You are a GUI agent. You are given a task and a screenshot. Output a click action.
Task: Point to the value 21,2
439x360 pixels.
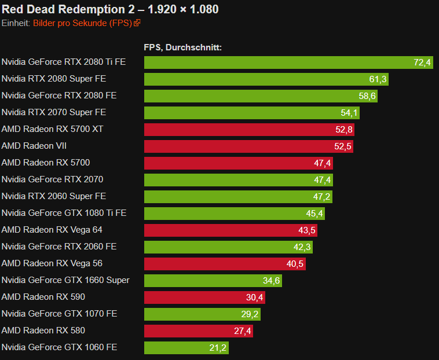coord(218,348)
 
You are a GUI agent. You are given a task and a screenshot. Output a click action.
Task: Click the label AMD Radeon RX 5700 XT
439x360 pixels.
coord(52,129)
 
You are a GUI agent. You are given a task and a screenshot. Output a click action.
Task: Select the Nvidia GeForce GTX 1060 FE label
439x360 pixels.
coord(59,347)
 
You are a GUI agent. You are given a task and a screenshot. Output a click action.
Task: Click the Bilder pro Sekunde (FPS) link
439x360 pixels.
coord(82,23)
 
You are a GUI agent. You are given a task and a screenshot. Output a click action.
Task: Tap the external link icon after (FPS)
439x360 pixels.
coord(137,23)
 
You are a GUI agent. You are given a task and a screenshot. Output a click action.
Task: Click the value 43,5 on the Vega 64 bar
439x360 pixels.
coord(306,230)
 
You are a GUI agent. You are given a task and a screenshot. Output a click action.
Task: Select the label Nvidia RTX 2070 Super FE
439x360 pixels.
coord(54,112)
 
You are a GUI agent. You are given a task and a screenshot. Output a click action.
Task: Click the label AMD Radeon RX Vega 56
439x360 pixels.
coord(52,263)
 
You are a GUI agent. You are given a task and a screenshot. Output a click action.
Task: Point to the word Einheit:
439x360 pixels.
coord(16,23)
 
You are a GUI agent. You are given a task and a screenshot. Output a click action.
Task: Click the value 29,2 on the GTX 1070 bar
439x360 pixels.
coord(250,314)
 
